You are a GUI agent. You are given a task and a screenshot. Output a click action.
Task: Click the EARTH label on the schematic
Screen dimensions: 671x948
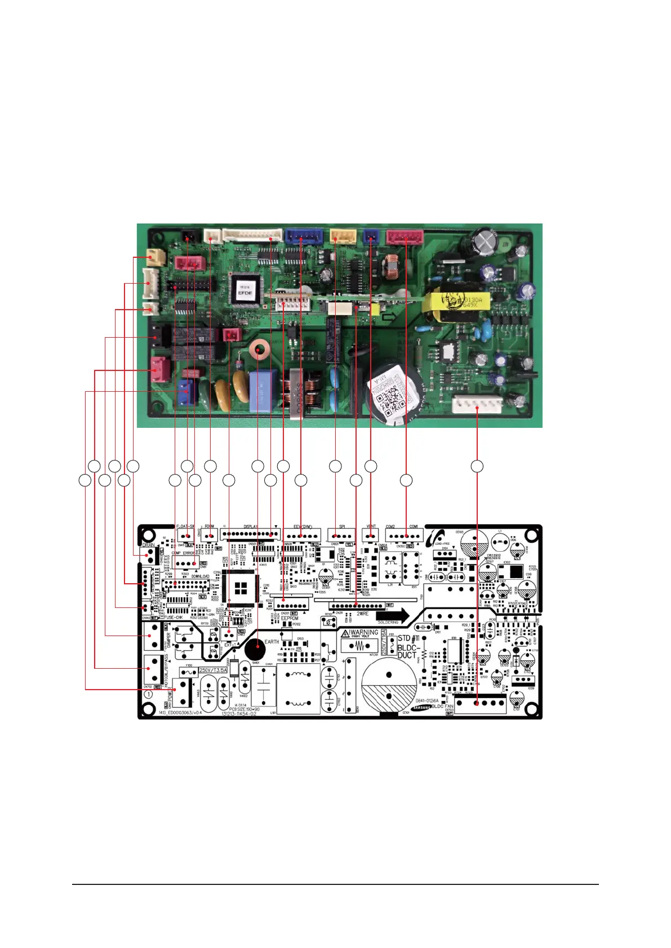(272, 642)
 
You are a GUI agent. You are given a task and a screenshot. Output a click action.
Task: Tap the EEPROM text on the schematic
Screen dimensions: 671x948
(290, 618)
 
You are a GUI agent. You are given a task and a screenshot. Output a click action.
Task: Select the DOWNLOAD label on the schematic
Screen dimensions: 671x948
(200, 576)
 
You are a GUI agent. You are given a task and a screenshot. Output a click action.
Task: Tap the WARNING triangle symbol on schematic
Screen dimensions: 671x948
(345, 633)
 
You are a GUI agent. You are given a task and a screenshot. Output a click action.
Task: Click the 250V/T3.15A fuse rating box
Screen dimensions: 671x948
(212, 670)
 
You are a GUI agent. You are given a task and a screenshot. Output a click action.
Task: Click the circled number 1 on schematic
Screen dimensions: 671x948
(148, 695)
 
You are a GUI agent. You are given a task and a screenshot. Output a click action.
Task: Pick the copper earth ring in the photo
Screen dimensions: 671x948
(259, 351)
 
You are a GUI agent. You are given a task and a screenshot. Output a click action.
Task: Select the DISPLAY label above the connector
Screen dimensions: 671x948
(251, 527)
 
